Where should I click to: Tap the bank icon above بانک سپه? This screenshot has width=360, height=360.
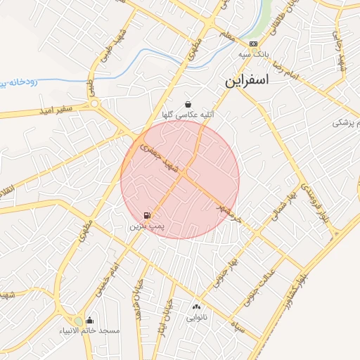(253, 44)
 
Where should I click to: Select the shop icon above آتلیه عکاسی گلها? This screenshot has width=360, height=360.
(188, 103)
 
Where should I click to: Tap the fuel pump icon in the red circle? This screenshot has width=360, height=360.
(147, 215)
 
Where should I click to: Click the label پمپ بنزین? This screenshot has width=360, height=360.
(146, 227)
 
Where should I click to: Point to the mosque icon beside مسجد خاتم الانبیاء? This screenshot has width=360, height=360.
(89, 320)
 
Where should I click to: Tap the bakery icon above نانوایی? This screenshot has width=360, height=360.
(196, 306)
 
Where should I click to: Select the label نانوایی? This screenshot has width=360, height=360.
(196, 316)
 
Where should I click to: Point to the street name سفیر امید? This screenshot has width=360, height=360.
(56, 110)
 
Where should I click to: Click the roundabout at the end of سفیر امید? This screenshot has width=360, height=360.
(95, 104)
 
